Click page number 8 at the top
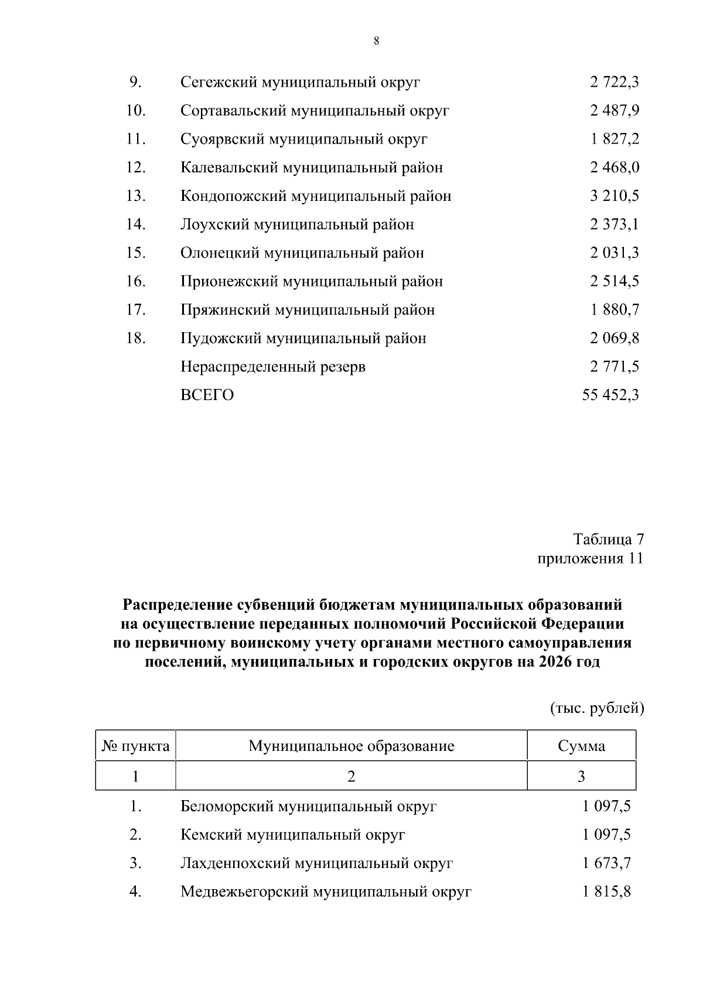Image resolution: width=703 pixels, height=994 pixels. click(x=376, y=40)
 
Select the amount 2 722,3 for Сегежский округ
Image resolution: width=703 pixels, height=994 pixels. click(x=614, y=82)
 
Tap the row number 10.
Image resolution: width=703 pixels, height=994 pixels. click(x=135, y=110)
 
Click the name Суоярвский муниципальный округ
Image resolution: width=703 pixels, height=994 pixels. click(x=303, y=139)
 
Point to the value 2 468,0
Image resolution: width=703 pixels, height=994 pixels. click(x=614, y=168)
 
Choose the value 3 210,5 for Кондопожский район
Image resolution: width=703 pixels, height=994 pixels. click(x=614, y=196)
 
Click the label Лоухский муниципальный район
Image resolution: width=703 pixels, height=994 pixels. click(x=297, y=224)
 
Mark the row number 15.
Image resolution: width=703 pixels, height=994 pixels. click(x=135, y=252)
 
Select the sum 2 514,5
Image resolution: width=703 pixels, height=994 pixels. click(x=614, y=281)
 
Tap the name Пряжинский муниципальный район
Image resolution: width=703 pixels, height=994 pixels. click(x=308, y=309)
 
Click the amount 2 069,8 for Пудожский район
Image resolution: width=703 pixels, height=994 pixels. click(x=614, y=338)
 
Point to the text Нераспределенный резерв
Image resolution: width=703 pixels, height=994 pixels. click(x=273, y=367)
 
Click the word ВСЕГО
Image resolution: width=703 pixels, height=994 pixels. click(x=207, y=395)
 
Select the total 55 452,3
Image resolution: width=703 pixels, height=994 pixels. click(x=610, y=395)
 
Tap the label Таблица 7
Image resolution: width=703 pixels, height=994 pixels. click(x=608, y=538)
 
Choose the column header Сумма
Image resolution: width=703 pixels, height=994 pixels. click(x=581, y=746)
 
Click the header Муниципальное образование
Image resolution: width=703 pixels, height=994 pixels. click(x=351, y=746)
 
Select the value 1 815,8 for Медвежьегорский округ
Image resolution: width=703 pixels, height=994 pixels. click(x=606, y=891)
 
